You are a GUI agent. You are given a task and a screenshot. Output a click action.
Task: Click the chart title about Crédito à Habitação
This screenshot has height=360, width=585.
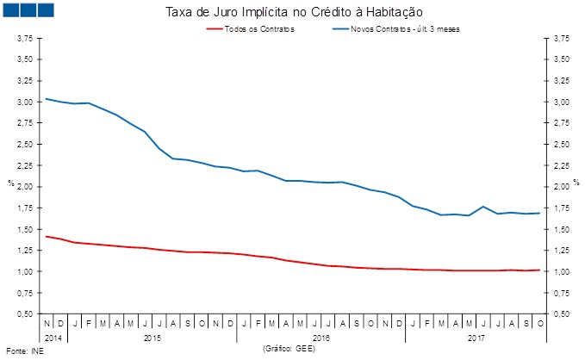(x=292, y=12)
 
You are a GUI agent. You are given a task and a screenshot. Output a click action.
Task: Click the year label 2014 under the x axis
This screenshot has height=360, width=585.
(x=53, y=338)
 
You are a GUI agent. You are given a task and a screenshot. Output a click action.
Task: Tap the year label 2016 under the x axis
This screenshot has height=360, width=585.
(x=320, y=338)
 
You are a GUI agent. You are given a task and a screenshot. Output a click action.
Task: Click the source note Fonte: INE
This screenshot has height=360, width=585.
(x=24, y=351)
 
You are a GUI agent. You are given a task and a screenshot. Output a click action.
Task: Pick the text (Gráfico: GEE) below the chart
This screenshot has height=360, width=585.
(x=289, y=347)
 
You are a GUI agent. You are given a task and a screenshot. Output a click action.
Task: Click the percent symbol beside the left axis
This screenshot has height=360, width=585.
(x=9, y=183)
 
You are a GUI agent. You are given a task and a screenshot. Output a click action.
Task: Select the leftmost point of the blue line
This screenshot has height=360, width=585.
(x=46, y=99)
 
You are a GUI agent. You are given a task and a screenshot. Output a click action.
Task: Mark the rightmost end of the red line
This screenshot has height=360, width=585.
(x=539, y=270)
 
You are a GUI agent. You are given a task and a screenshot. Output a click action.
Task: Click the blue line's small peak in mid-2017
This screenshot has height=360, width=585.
(x=483, y=207)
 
